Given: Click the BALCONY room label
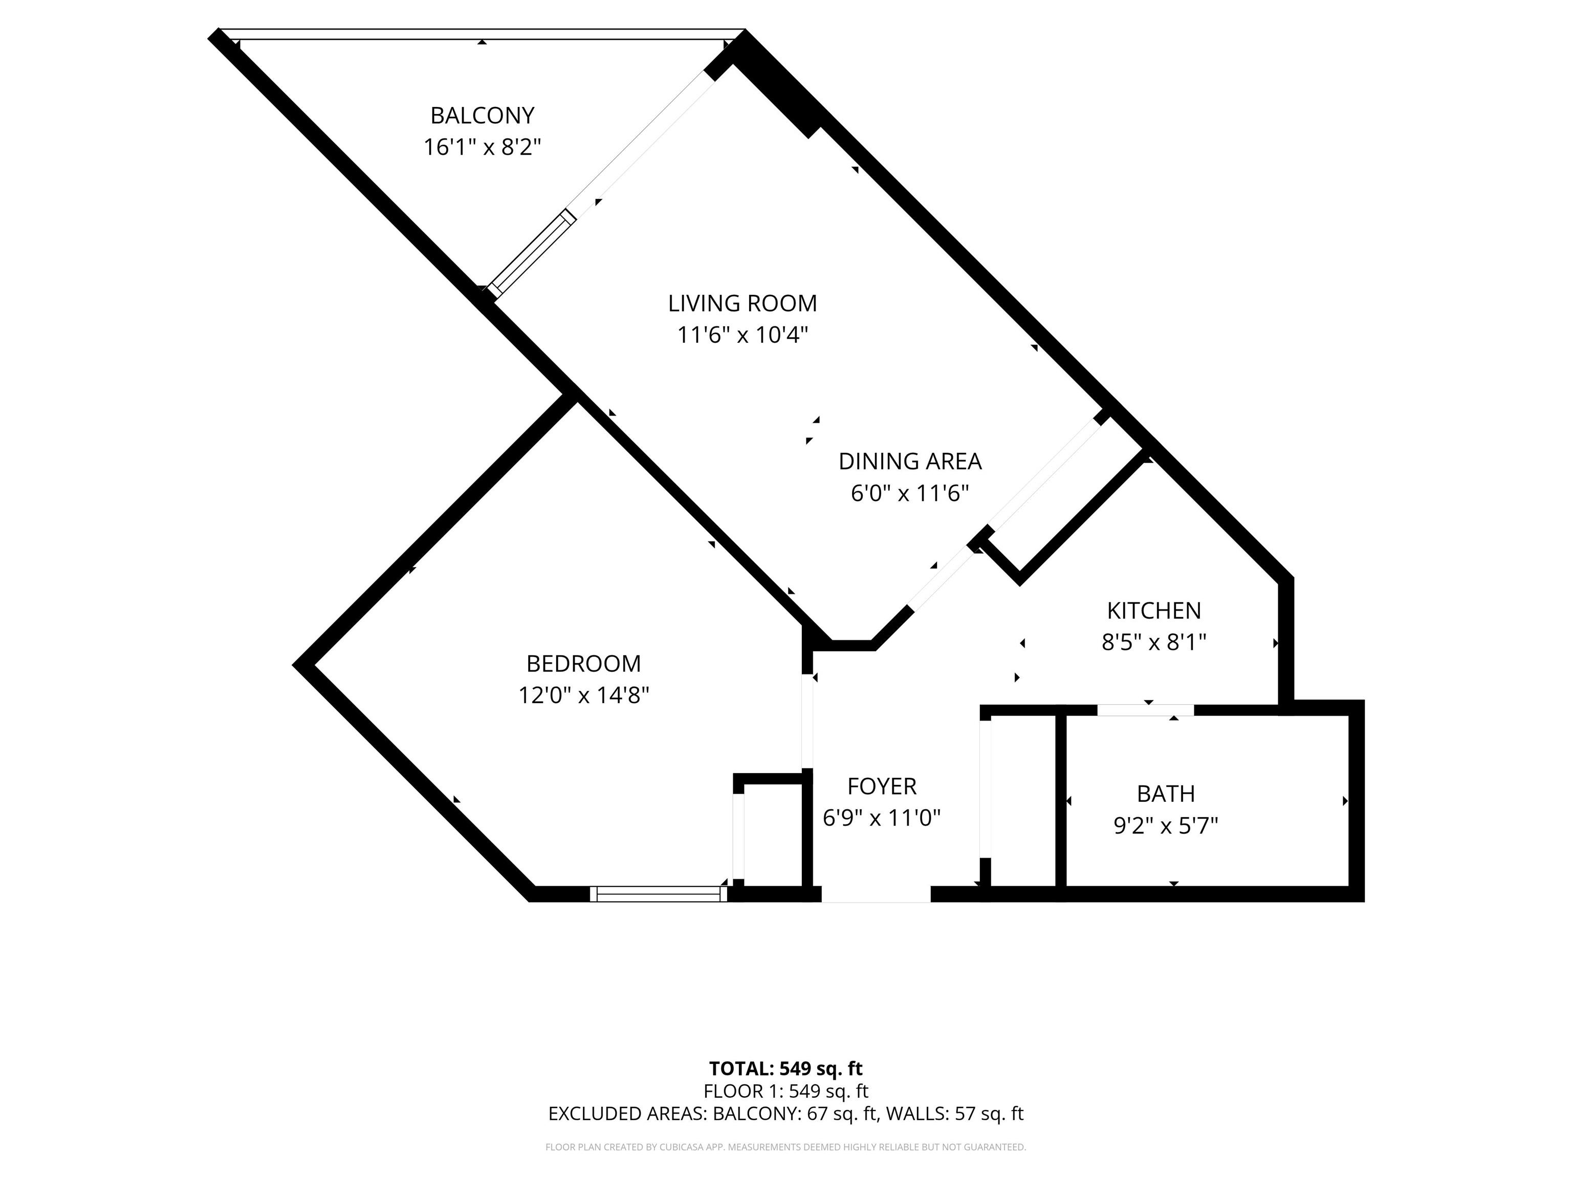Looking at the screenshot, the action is tap(482, 115).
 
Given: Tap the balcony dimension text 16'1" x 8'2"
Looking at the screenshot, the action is tap(483, 147).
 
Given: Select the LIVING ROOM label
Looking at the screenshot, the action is tap(743, 303).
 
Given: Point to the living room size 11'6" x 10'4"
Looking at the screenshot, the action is tap(743, 335).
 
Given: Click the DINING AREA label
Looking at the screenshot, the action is tap(910, 461).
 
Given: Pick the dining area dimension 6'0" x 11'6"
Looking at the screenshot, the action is tap(910, 493).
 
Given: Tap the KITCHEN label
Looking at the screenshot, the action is tap(1154, 610).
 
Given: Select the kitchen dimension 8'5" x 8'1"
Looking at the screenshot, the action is tap(1154, 642).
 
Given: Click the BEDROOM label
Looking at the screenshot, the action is tap(583, 664).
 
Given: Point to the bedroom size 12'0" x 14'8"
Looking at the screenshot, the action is tap(583, 695).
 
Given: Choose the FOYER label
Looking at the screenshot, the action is tap(882, 786).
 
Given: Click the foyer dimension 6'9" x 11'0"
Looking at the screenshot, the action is tap(882, 818).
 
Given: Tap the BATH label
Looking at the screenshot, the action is tap(1166, 793).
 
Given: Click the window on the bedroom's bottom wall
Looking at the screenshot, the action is tap(659, 894).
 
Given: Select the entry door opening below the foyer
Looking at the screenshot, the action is tap(876, 894).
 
